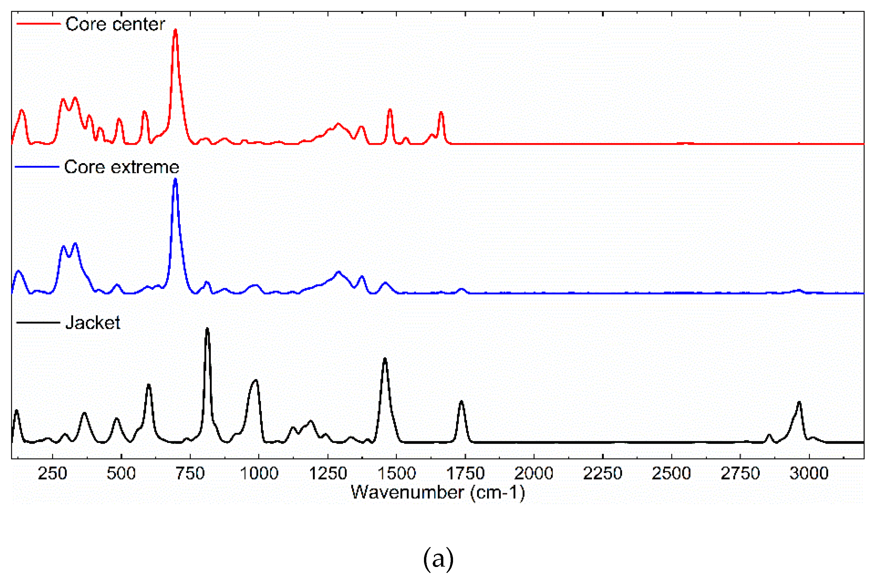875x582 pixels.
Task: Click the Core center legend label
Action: [115, 24]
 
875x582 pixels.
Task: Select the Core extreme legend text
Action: [121, 167]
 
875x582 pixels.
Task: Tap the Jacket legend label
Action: [93, 323]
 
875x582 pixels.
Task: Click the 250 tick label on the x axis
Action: [53, 474]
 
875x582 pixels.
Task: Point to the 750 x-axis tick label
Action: [190, 474]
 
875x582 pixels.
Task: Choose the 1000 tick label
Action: [259, 474]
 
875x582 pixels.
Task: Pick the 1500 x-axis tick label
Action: [397, 474]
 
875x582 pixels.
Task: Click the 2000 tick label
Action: [534, 474]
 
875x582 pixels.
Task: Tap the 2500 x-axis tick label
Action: [671, 474]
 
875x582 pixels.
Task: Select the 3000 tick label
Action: [809, 474]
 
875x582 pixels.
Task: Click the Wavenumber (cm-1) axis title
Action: [438, 492]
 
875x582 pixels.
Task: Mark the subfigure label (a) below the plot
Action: [438, 558]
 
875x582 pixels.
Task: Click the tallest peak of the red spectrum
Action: [175, 30]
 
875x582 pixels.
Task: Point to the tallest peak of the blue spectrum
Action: [175, 180]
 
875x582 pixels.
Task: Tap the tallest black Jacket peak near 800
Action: [207, 329]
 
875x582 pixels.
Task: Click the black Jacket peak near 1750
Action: [461, 401]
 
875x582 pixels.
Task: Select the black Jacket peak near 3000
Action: [799, 402]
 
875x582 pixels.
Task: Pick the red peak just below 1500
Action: [390, 110]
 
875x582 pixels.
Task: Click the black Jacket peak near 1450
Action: [385, 359]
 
